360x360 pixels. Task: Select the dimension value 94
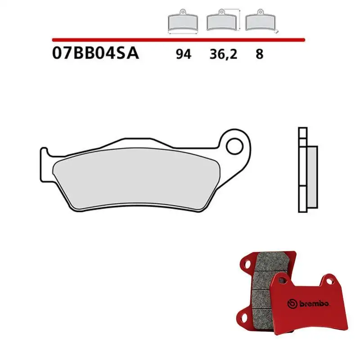tap(184, 54)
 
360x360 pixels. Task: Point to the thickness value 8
tap(259, 54)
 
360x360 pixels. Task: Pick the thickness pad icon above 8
tap(261, 21)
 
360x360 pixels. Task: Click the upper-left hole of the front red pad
tap(282, 282)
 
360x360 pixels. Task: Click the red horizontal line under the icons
tap(180, 40)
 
